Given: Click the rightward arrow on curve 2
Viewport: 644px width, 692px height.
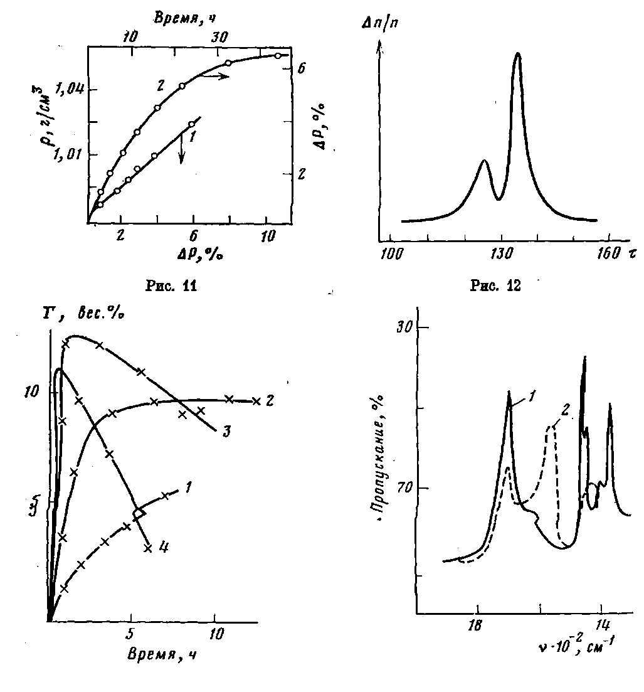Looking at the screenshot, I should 214,76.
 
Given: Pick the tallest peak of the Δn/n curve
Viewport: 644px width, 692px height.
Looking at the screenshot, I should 518,54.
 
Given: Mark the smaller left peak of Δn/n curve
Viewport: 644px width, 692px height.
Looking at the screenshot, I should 483,161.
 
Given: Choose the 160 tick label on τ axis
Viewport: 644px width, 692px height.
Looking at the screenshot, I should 606,254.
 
